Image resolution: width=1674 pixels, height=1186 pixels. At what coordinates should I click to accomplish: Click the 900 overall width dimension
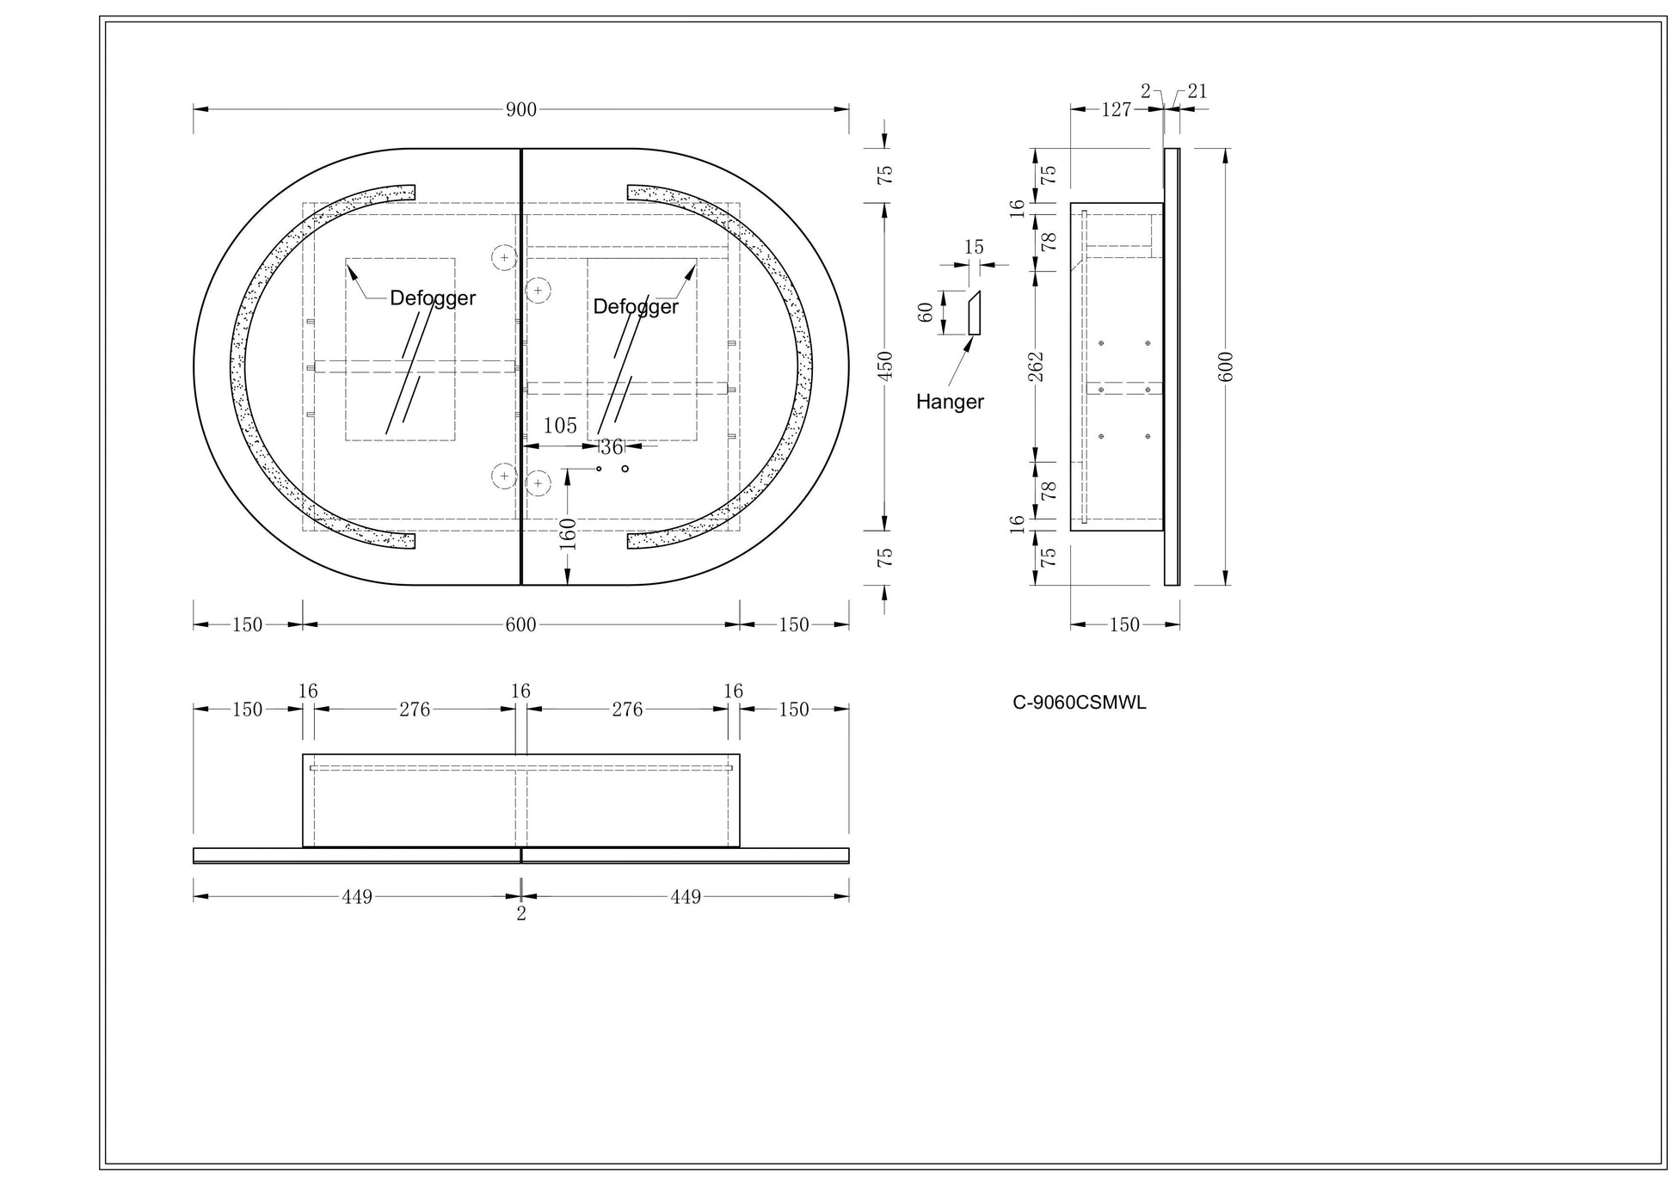pyautogui.click(x=521, y=109)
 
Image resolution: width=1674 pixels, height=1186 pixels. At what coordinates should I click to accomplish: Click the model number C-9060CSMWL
pyautogui.click(x=1079, y=703)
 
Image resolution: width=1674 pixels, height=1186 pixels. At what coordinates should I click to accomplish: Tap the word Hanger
pyautogui.click(x=950, y=402)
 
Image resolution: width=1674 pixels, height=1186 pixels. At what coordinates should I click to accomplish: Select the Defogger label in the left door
pyautogui.click(x=433, y=298)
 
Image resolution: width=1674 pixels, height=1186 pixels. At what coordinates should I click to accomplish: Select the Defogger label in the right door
pyautogui.click(x=636, y=307)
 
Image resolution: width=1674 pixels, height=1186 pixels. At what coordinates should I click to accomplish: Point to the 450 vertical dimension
pyautogui.click(x=885, y=366)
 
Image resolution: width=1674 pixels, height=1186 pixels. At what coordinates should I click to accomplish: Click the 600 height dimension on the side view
pyautogui.click(x=1227, y=367)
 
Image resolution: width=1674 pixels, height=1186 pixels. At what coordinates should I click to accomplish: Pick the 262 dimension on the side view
pyautogui.click(x=1036, y=366)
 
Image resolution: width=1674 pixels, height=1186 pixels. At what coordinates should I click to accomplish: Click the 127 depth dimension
pyautogui.click(x=1116, y=109)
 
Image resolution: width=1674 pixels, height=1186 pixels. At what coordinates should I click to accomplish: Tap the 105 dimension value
pyautogui.click(x=560, y=426)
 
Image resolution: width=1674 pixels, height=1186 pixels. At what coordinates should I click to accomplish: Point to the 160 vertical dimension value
pyautogui.click(x=568, y=534)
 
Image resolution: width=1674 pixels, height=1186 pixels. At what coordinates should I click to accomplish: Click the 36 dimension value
pyautogui.click(x=612, y=447)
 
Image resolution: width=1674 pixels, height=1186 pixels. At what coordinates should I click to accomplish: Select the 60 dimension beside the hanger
pyautogui.click(x=926, y=312)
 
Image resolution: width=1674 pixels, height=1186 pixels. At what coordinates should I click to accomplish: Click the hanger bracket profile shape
pyautogui.click(x=975, y=313)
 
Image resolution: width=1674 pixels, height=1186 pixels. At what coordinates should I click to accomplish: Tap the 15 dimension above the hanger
pyautogui.click(x=974, y=248)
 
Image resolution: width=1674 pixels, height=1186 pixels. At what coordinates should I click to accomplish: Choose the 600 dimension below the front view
pyautogui.click(x=521, y=625)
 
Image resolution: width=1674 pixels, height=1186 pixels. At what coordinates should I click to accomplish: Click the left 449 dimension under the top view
pyautogui.click(x=357, y=897)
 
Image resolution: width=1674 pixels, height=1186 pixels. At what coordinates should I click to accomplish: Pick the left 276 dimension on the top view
pyautogui.click(x=415, y=710)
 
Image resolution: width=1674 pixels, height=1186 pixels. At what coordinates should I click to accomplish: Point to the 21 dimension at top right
pyautogui.click(x=1197, y=91)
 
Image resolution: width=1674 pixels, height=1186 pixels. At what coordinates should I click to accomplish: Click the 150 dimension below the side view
pyautogui.click(x=1124, y=625)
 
